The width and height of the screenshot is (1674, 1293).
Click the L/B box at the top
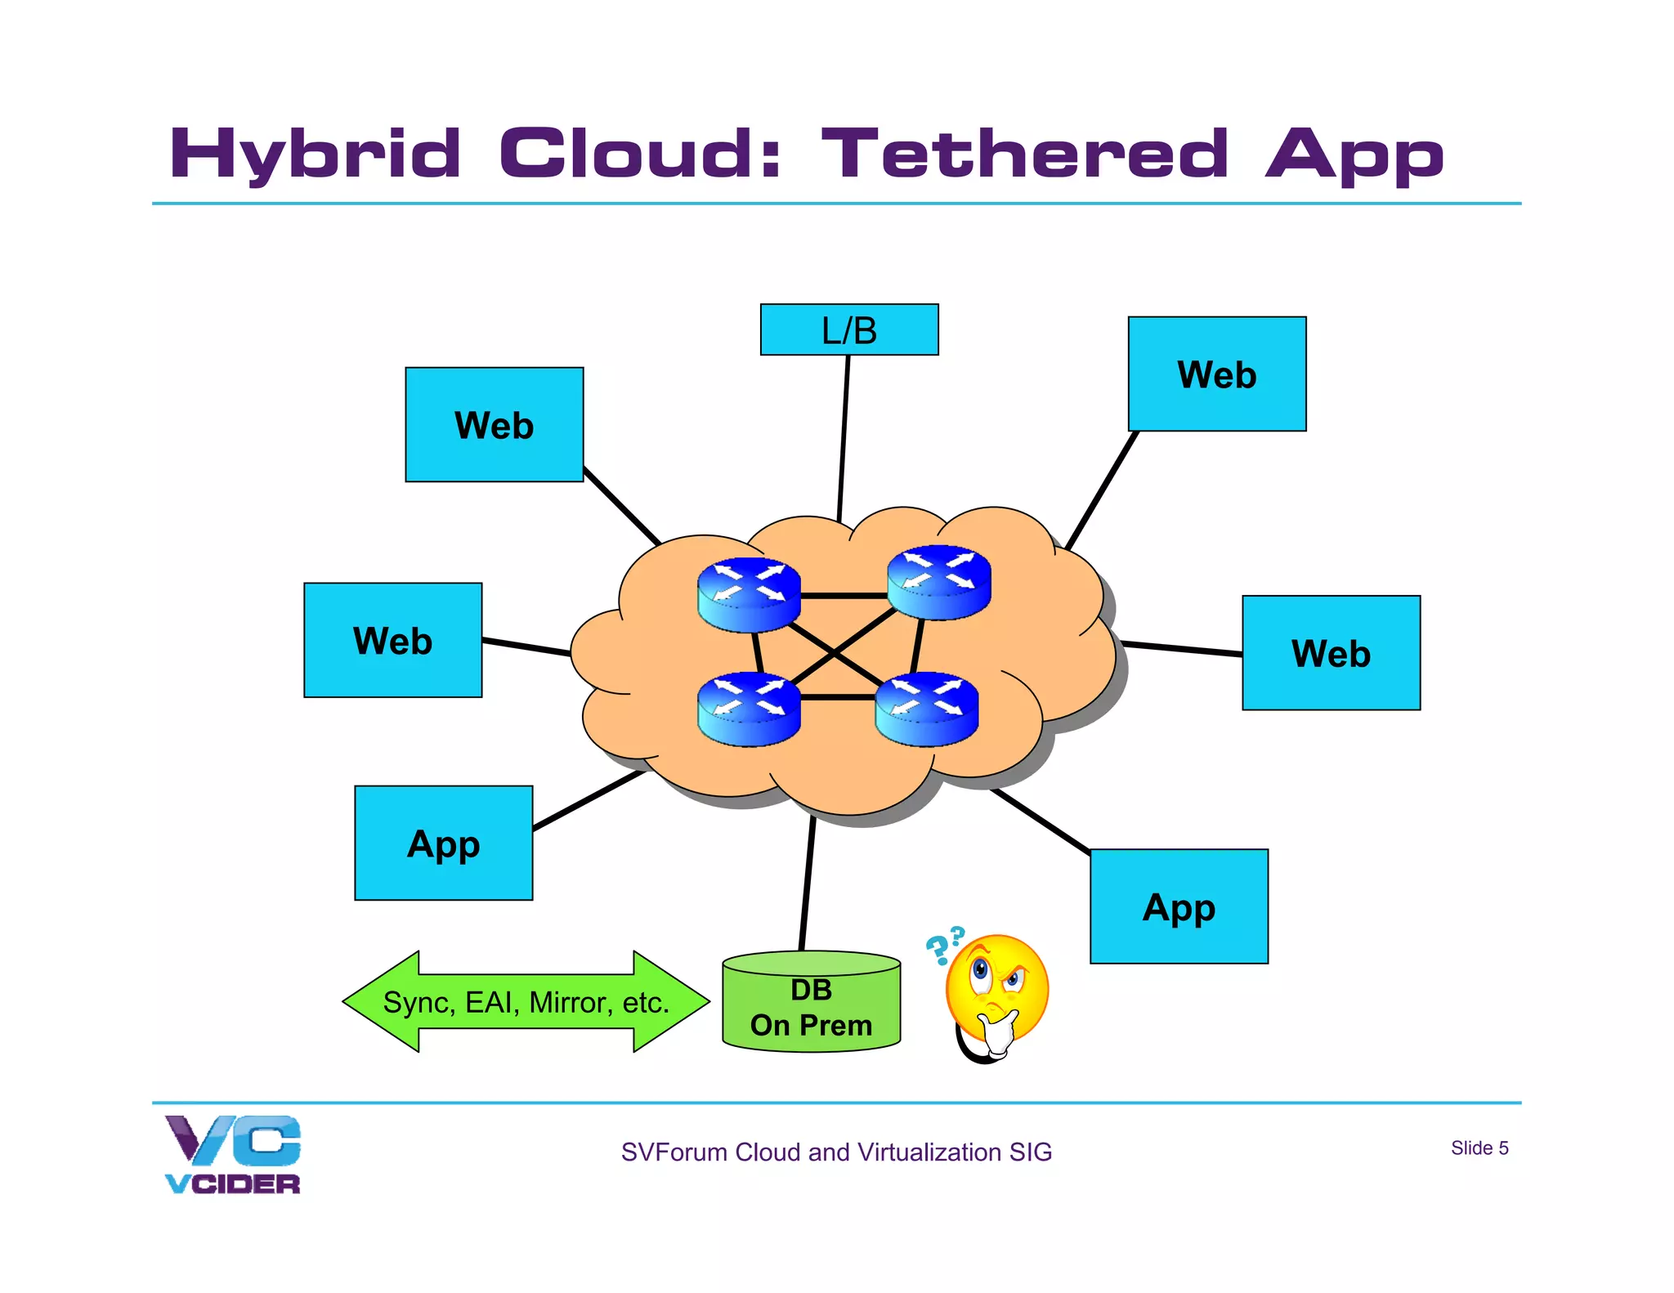[x=848, y=329]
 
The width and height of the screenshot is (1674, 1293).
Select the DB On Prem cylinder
[x=811, y=1004]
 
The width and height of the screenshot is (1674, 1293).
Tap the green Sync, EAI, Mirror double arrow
[x=526, y=1001]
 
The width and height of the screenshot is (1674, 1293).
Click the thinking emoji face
[x=997, y=988]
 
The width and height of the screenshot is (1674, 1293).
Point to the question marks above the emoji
[x=944, y=945]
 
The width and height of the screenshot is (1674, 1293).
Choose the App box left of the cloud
[x=443, y=843]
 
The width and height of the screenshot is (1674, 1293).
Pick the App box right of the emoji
[x=1179, y=906]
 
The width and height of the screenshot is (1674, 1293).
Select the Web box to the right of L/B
[x=1216, y=374]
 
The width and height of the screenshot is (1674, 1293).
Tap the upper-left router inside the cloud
[x=748, y=594]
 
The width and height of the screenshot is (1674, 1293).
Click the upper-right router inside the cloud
[x=938, y=582]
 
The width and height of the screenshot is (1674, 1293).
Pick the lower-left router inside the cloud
[x=748, y=709]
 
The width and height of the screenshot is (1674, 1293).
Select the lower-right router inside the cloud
[x=926, y=709]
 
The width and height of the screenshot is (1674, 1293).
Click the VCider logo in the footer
[x=233, y=1153]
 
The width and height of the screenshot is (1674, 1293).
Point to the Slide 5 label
[x=1479, y=1148]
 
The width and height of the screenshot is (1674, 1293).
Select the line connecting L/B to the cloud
[x=844, y=438]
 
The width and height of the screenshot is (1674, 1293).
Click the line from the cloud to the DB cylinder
[x=807, y=883]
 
